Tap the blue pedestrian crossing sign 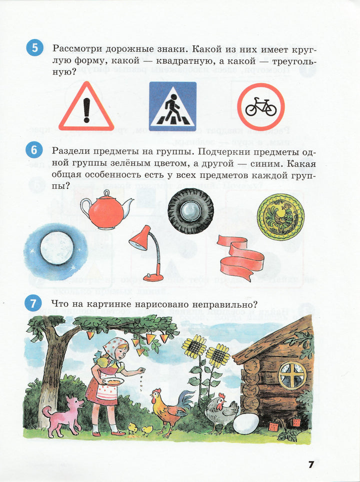point(172,106)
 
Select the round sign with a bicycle point(260,107)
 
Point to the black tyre point(191,211)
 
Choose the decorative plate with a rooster point(280,216)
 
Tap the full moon point(57,248)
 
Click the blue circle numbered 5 point(34,48)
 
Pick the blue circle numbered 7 point(33,303)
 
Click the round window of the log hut point(292,376)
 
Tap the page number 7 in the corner point(311,465)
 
